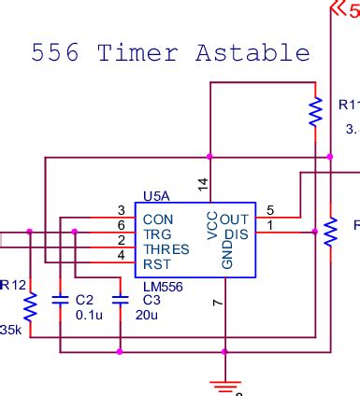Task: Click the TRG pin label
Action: (157, 234)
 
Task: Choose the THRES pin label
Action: (166, 249)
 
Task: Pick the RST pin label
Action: (156, 264)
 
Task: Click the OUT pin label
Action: (236, 219)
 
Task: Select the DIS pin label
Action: (238, 234)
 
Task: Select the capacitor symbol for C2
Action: (61, 301)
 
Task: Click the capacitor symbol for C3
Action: (120, 301)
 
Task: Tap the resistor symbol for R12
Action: (30, 306)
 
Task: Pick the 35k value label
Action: (10, 331)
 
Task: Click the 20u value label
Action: (146, 315)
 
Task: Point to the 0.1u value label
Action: (88, 315)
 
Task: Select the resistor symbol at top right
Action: (316, 111)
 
